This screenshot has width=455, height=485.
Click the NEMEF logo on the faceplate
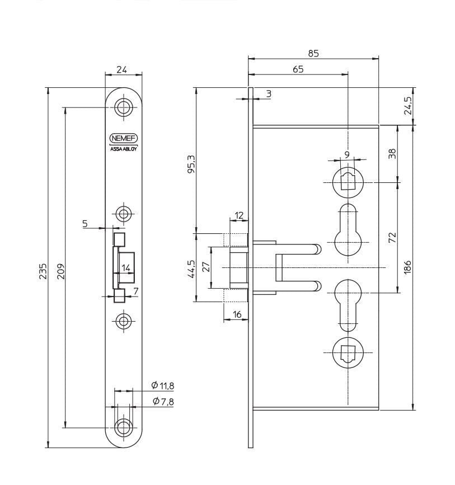tap(124, 138)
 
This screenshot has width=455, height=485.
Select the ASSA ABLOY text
tap(124, 149)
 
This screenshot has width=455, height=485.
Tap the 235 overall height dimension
tap(43, 271)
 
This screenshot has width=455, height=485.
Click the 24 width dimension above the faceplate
tap(121, 69)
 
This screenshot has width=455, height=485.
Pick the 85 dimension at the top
tap(313, 54)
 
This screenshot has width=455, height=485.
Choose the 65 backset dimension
tap(298, 69)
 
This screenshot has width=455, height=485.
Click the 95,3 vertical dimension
tap(191, 164)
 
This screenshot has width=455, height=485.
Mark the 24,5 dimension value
tap(408, 106)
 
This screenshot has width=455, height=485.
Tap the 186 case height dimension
tap(407, 267)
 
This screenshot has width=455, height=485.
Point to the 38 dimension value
tap(392, 153)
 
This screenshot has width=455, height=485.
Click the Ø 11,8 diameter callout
tap(163, 385)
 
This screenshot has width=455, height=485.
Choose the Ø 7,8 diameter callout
tap(163, 402)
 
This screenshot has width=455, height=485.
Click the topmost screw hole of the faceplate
tap(124, 107)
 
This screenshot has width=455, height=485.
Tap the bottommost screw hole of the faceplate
tap(124, 428)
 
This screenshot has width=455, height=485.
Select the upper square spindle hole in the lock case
tap(348, 182)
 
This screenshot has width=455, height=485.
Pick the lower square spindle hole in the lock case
tap(348, 352)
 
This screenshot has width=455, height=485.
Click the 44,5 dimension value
tap(191, 269)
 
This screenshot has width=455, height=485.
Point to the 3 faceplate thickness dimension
tap(269, 94)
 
